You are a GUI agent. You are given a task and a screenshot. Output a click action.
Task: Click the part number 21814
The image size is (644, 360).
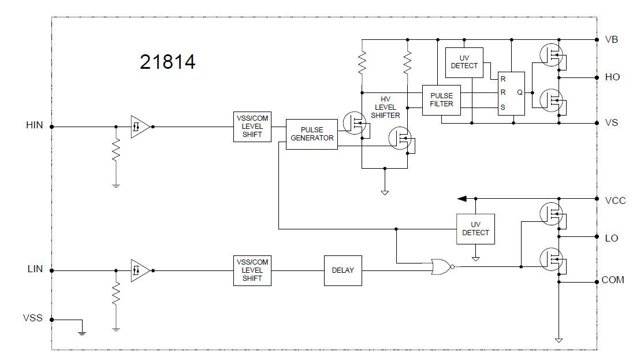167,62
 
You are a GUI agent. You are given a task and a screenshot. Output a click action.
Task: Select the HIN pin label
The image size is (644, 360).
35,125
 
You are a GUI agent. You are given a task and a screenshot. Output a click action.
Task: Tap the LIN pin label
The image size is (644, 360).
35,269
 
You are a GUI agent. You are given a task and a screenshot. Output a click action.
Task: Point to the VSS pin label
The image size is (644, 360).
33,318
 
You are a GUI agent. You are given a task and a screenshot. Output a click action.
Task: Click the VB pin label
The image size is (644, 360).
611,39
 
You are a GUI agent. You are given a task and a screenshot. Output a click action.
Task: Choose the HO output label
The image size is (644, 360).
612,77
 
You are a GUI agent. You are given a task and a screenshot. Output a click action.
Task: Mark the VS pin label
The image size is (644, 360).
611,123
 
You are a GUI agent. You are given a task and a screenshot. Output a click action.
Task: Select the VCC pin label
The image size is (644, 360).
615,201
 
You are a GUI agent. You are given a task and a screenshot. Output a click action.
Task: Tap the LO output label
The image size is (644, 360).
611,237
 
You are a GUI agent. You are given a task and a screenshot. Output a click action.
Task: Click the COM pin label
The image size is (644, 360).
613,280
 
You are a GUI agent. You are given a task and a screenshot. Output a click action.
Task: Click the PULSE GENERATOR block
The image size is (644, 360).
312,134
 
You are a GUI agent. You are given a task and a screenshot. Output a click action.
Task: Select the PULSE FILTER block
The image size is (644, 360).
441,100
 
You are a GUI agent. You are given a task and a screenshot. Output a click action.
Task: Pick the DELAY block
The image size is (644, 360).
343,270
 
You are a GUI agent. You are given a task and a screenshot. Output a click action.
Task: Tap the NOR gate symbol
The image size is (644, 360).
442,266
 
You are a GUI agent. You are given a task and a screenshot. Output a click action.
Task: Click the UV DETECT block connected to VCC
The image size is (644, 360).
475,229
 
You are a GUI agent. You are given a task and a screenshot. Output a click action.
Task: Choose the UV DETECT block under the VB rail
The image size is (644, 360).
464,62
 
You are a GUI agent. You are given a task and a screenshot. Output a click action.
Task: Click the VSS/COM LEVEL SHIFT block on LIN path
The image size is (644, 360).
252,270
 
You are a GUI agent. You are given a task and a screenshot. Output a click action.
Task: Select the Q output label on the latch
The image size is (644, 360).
519,92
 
